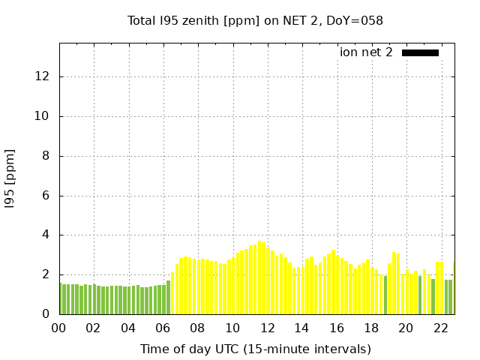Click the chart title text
pos(255,20)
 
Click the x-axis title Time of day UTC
pos(255,349)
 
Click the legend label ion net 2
pos(366,52)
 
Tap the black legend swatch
pos(420,52)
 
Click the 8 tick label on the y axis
pos(47,156)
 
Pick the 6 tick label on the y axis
pos(47,196)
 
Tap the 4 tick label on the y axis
pos(47,235)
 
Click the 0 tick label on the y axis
pos(47,314)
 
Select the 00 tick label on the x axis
pos(58,328)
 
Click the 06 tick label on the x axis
pos(163,328)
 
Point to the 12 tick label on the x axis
pos(267,328)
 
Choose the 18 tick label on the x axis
pos(371,328)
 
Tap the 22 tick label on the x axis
pos(440,328)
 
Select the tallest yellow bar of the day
pos(259,277)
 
